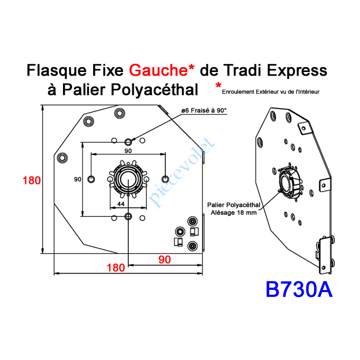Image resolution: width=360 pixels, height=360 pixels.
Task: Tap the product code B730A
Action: pyautogui.click(x=299, y=289)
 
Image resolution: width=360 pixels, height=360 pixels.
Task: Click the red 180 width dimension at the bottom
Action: pyautogui.click(x=116, y=267)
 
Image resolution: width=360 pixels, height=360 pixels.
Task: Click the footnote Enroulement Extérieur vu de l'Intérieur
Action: pyautogui.click(x=270, y=92)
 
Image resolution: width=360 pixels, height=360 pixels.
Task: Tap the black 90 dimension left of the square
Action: pyautogui.click(x=77, y=179)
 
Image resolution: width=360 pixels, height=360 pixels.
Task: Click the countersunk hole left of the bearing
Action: pyautogui.click(x=92, y=179)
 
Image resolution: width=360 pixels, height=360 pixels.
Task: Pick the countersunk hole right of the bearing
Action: pyautogui.click(x=165, y=178)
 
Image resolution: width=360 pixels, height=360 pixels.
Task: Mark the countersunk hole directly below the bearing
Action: pyautogui.click(x=129, y=216)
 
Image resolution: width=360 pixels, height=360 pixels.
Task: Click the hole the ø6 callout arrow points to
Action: pyautogui.click(x=129, y=141)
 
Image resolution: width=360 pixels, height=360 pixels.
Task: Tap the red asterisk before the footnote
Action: pyautogui.click(x=218, y=85)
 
